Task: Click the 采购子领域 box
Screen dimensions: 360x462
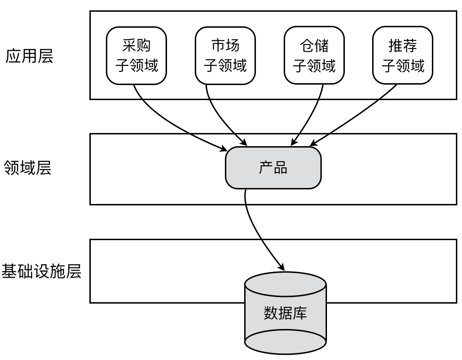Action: (x=137, y=55)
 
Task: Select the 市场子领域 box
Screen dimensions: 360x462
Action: (x=225, y=55)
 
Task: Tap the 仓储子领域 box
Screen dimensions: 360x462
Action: (x=314, y=55)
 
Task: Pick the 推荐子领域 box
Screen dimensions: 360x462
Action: (x=403, y=55)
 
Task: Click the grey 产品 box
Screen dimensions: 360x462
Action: (x=273, y=168)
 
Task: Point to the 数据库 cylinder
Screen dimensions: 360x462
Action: (x=285, y=313)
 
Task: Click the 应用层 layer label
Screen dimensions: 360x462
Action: (x=29, y=56)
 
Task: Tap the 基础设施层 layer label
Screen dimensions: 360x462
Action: (x=42, y=271)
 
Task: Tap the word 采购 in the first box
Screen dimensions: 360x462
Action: (x=137, y=46)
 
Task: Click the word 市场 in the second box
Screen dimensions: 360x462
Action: (x=225, y=46)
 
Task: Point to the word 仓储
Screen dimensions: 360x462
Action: (x=314, y=46)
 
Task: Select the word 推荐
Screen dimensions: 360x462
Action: (x=403, y=46)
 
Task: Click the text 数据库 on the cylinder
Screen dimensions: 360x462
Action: (x=285, y=313)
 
